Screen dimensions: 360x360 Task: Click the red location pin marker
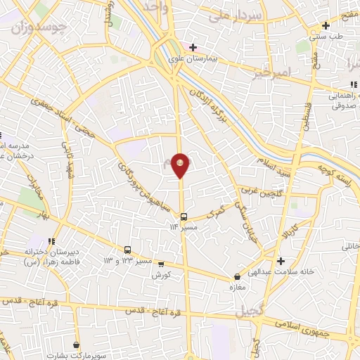(181, 165)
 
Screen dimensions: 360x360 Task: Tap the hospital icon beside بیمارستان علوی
(193, 47)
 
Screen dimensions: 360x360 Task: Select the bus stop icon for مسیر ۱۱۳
(184, 217)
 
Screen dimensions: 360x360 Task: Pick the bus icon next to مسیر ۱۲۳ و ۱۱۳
(127, 250)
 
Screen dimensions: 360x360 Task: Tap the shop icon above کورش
(161, 265)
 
